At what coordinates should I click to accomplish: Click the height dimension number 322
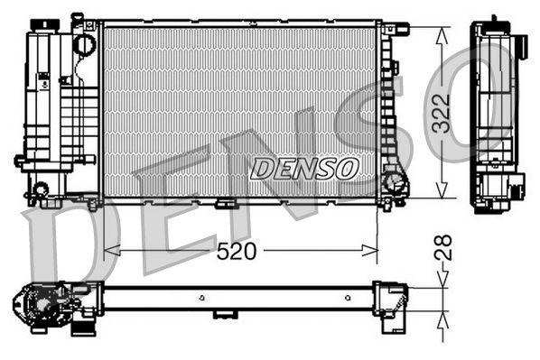point(442,113)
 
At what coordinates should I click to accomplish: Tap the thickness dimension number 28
point(442,249)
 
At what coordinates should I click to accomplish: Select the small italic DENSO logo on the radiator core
point(305,168)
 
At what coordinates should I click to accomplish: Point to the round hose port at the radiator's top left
point(84,42)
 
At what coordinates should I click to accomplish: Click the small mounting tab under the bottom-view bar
point(223,314)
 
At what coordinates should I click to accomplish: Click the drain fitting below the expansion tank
point(40,189)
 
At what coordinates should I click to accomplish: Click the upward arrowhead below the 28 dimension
point(442,318)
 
